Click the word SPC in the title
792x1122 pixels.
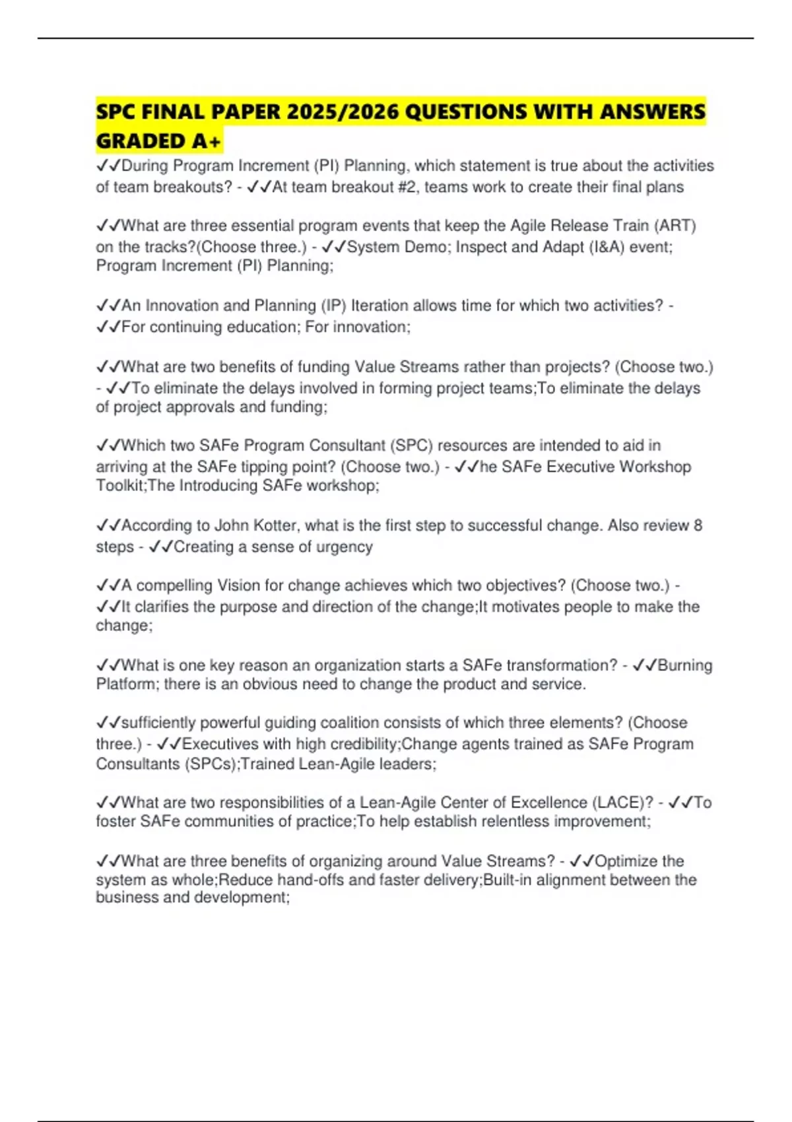pos(115,112)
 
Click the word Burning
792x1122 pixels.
pos(685,665)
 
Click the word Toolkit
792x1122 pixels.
pos(121,486)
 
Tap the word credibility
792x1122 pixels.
pos(365,744)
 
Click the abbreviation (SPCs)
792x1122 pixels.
pos(210,764)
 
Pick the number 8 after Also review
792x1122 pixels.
pos(698,525)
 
